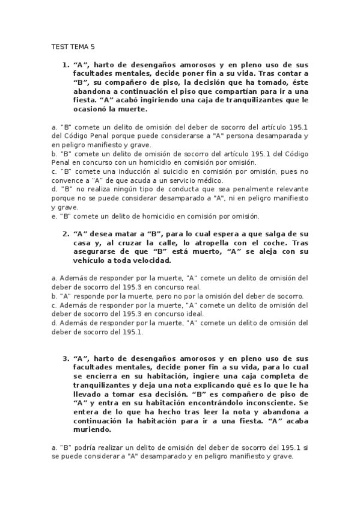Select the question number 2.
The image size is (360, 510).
point(65,233)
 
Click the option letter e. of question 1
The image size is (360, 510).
point(54,215)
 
